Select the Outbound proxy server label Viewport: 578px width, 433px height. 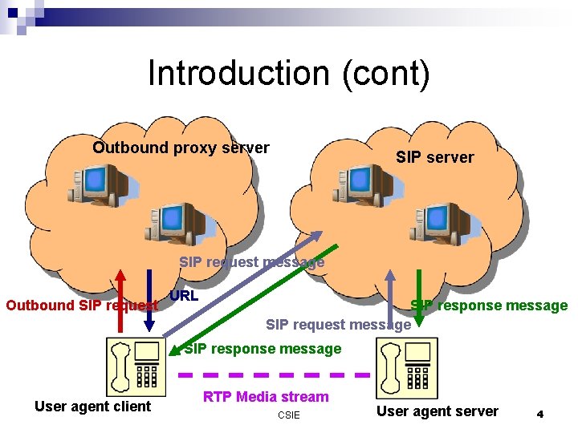pos(181,148)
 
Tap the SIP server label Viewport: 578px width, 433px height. pos(434,157)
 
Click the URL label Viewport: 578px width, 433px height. pos(184,295)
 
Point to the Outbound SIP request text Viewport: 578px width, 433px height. pos(80,306)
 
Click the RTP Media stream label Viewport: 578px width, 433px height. pos(266,397)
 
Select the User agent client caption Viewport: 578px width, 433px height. pos(92,407)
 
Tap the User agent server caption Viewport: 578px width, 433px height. pos(438,411)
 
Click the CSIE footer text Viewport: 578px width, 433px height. pos(288,415)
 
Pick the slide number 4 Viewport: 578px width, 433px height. pos(540,414)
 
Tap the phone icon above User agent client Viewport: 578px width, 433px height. pos(134,365)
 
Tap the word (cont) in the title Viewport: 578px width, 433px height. pos(386,74)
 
